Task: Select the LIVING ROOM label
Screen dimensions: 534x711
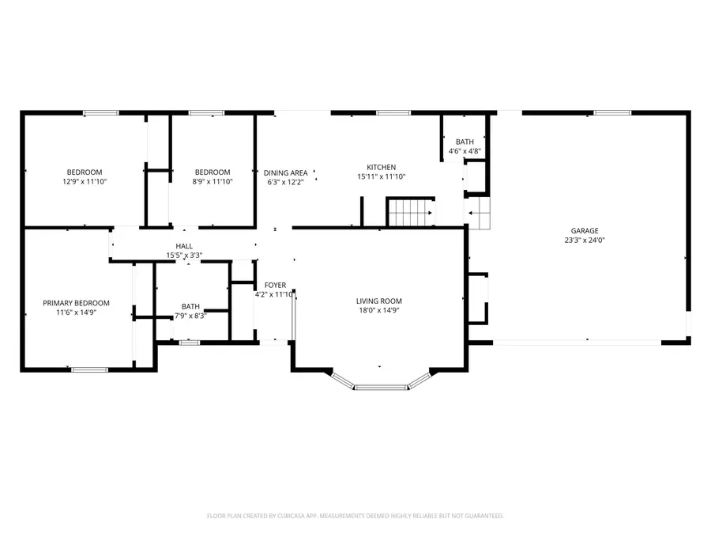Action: click(x=379, y=301)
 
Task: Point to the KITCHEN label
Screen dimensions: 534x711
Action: click(x=381, y=167)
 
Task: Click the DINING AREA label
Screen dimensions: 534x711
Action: click(x=285, y=172)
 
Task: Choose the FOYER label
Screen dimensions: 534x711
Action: click(x=275, y=285)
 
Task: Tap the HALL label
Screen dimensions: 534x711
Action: click(x=184, y=246)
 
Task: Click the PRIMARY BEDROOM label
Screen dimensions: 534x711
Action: click(x=76, y=303)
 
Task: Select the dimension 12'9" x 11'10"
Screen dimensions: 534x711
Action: click(x=84, y=182)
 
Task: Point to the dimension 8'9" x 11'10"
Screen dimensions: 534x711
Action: click(x=213, y=182)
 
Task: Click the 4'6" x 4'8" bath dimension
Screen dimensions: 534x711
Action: click(x=465, y=151)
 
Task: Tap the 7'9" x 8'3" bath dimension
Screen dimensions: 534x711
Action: click(x=190, y=316)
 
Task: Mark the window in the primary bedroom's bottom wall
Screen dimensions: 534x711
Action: click(x=89, y=369)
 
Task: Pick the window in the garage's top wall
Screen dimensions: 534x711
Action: click(x=611, y=113)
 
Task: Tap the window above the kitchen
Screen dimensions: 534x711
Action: click(x=388, y=113)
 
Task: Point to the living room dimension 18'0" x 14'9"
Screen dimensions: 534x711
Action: click(x=379, y=311)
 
